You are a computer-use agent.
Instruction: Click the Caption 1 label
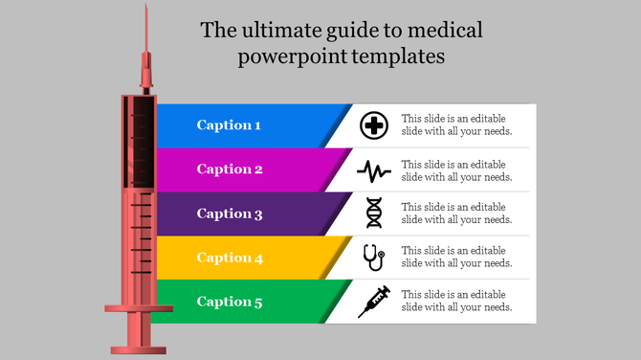[x=228, y=125]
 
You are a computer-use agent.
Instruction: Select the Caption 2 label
[x=230, y=169]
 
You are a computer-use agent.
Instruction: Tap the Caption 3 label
[x=230, y=214]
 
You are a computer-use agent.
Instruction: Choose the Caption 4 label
[x=230, y=258]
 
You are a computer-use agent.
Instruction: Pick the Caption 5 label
[x=230, y=302]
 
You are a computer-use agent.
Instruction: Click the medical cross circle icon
[x=373, y=125]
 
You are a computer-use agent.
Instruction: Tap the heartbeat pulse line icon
[x=373, y=170]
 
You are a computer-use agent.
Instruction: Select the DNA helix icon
[x=374, y=214]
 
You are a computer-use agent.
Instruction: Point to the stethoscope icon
[x=373, y=258]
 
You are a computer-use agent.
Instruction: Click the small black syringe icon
[x=373, y=302]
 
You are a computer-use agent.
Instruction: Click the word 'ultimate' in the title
[x=276, y=30]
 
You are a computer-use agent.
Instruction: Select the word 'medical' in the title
[x=448, y=30]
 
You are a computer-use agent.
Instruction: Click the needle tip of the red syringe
[x=145, y=8]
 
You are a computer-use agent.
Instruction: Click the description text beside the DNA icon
[x=456, y=214]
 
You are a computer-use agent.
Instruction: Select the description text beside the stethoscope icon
[x=456, y=258]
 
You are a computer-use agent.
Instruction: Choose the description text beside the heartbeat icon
[x=456, y=169]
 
